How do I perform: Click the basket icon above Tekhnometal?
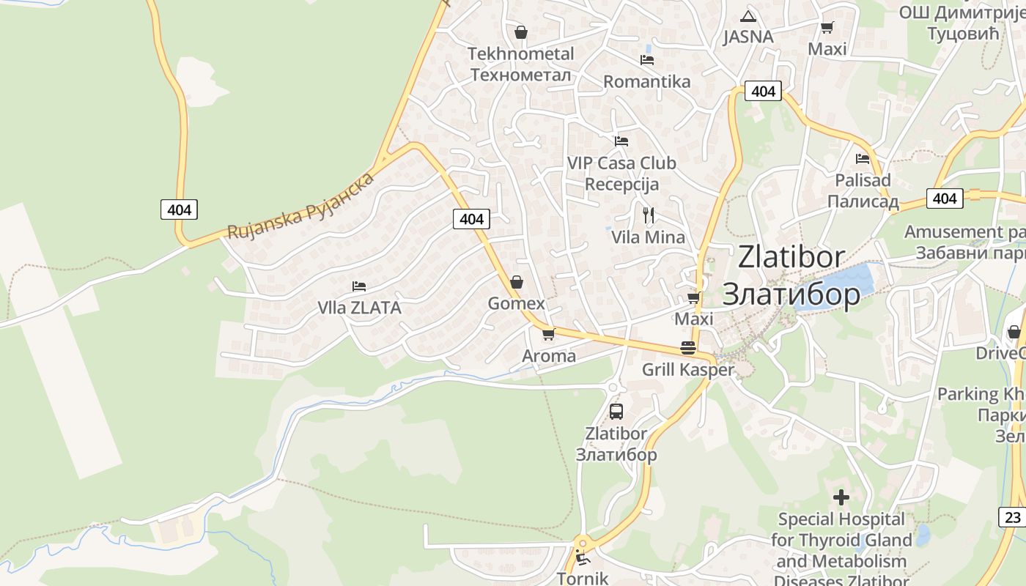click(521, 32)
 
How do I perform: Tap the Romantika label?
click(646, 81)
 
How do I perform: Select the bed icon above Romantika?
click(646, 59)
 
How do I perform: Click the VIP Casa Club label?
click(621, 163)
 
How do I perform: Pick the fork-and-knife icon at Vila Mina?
click(649, 215)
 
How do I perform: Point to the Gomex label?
click(517, 303)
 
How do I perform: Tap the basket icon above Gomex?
click(517, 282)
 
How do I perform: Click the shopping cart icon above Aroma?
click(548, 335)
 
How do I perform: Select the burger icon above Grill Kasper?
click(687, 348)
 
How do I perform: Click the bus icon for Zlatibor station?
click(616, 412)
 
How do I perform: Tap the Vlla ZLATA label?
click(359, 308)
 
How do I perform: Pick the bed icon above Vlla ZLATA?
click(358, 286)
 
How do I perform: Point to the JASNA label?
click(748, 37)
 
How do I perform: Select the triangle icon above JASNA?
click(748, 16)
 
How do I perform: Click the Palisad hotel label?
click(863, 180)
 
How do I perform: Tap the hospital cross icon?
click(841, 498)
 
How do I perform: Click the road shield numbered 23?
click(1012, 516)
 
